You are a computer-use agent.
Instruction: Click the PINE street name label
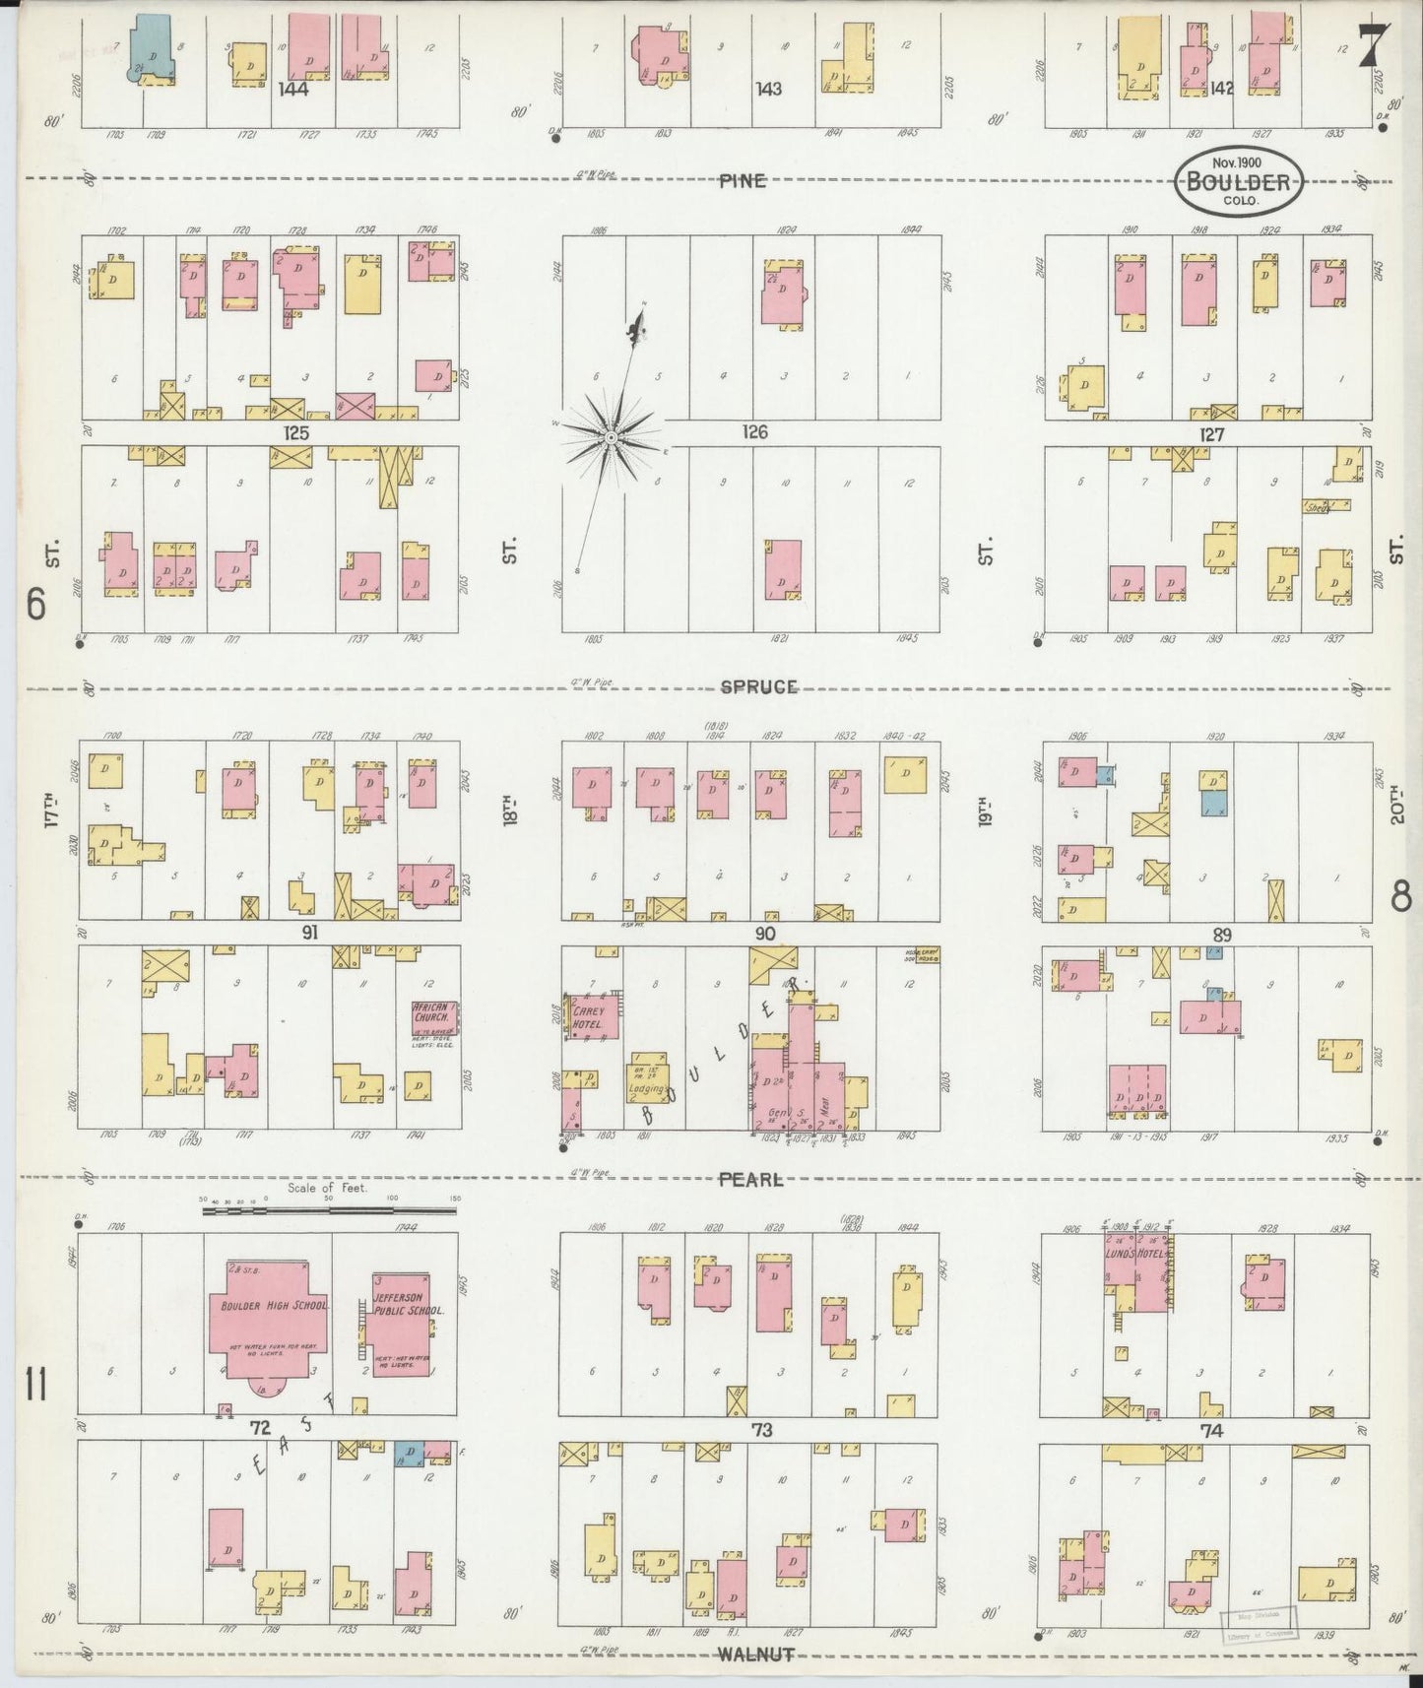[x=742, y=180]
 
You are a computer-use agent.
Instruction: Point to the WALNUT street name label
[x=755, y=1654]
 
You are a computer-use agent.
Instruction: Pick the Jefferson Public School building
[x=401, y=1324]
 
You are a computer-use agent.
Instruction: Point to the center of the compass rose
[x=612, y=436]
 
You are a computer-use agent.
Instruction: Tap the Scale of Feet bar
[x=330, y=1208]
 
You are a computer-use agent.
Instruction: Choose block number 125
[x=295, y=432]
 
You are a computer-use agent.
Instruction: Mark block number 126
[x=755, y=432]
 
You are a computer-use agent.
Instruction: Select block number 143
[x=768, y=89]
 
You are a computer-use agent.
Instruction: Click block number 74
[x=1211, y=1431]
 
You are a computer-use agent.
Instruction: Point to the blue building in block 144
[x=153, y=44]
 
